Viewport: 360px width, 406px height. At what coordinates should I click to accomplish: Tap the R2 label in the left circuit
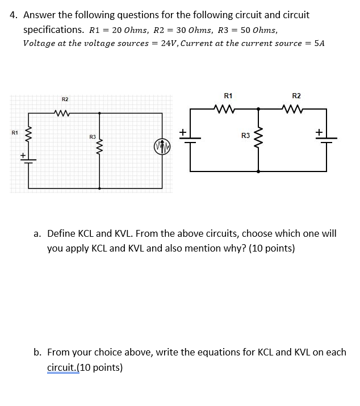point(65,99)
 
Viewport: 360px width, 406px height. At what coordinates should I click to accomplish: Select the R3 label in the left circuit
point(92,137)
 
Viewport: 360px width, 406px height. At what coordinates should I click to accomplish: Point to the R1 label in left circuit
point(15,133)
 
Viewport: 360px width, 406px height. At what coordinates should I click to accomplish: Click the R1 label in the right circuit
point(228,96)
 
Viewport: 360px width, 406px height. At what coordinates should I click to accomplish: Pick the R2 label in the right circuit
point(296,96)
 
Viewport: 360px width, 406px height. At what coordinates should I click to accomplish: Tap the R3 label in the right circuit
point(245,136)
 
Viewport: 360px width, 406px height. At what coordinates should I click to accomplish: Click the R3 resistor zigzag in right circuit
point(259,136)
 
